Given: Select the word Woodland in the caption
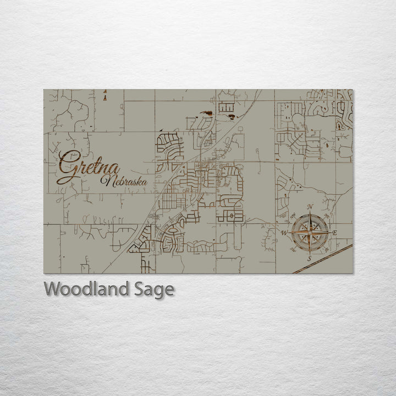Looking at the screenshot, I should pyautogui.click(x=87, y=289).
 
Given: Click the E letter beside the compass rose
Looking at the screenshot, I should pyautogui.click(x=335, y=233).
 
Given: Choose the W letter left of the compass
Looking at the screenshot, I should pyautogui.click(x=284, y=233).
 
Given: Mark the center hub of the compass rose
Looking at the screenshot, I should pyautogui.click(x=309, y=233).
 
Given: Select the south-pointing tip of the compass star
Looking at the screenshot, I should pyautogui.click(x=309, y=252).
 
